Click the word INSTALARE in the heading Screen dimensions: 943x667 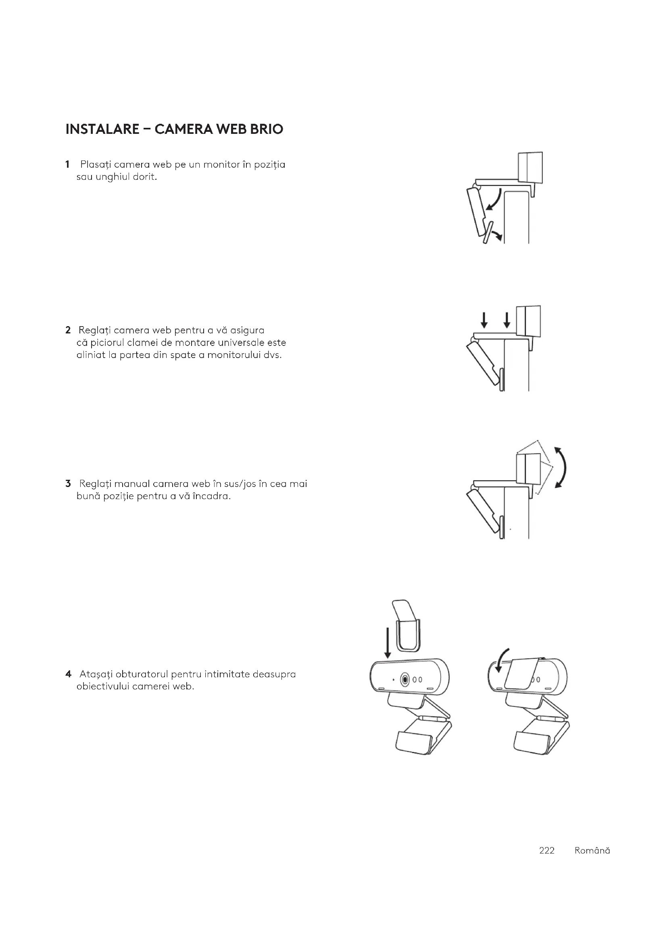[102, 129]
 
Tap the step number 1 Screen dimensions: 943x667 [67, 165]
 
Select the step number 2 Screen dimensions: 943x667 [68, 330]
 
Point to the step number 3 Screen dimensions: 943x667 [68, 484]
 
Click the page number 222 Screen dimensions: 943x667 [547, 851]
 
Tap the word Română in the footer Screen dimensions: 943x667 [592, 851]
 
